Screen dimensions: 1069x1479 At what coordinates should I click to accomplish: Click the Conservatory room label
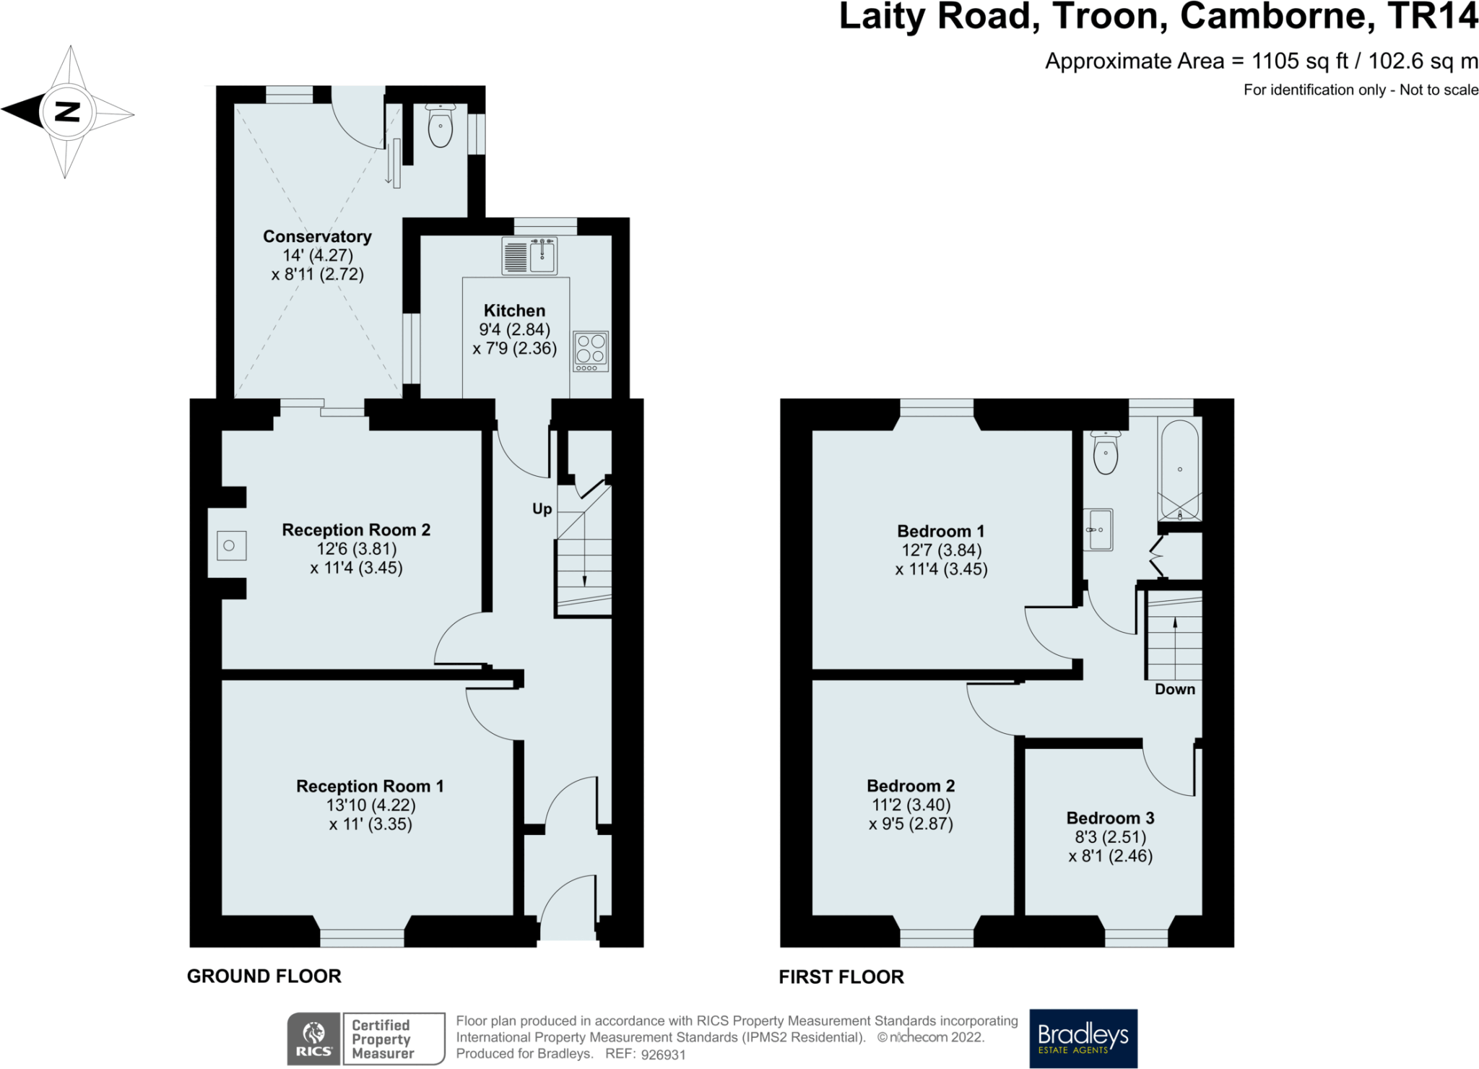pos(317,237)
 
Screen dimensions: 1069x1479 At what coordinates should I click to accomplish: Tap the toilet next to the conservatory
pos(440,126)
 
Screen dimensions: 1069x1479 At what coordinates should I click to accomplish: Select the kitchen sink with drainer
pos(529,256)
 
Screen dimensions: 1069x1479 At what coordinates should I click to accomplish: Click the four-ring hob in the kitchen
pos(591,351)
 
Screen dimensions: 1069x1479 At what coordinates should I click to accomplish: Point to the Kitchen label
pos(514,311)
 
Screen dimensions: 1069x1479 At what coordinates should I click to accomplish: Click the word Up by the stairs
pos(542,509)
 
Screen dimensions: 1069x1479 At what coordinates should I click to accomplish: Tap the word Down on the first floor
pos(1174,689)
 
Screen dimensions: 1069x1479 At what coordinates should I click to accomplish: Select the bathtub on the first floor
pos(1179,469)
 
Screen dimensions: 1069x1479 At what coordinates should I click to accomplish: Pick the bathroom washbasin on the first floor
pos(1099,529)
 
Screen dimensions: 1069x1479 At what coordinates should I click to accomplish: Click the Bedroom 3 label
pos(1110,818)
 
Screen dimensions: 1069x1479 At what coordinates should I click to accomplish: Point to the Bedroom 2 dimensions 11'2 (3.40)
pos(911,805)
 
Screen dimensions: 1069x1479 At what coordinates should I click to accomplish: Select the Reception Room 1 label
pos(370,786)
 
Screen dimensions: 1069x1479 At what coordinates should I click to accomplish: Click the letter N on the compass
pos(67,112)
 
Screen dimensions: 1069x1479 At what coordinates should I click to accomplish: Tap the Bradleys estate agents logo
pos(1083,1038)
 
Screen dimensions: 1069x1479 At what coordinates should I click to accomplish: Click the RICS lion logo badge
pos(314,1039)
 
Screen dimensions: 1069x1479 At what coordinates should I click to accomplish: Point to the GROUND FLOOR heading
pos(264,977)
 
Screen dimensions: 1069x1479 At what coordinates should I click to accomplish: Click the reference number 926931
pos(663,1055)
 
